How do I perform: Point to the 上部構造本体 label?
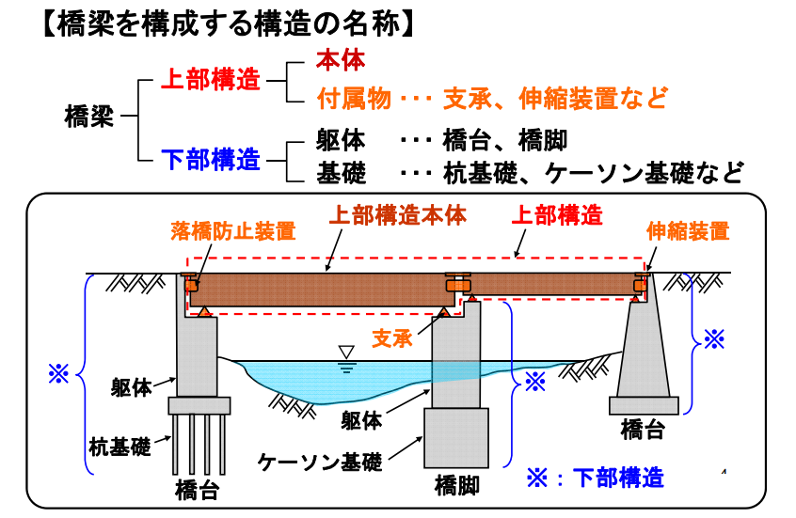pos(397,215)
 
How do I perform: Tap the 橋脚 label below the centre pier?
pos(457,486)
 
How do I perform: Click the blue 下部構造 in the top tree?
pos(210,160)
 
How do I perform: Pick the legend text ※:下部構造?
pos(594,478)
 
